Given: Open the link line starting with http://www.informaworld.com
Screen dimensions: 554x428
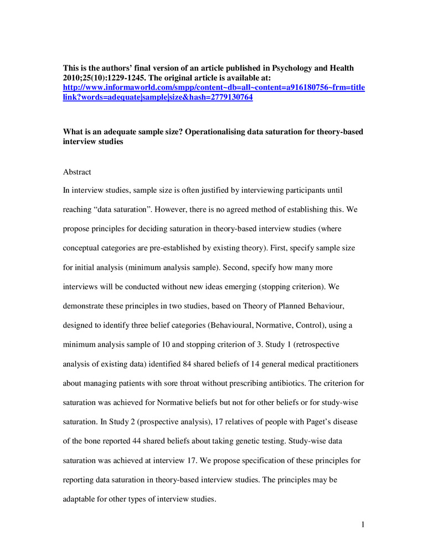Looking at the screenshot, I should (x=214, y=88).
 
